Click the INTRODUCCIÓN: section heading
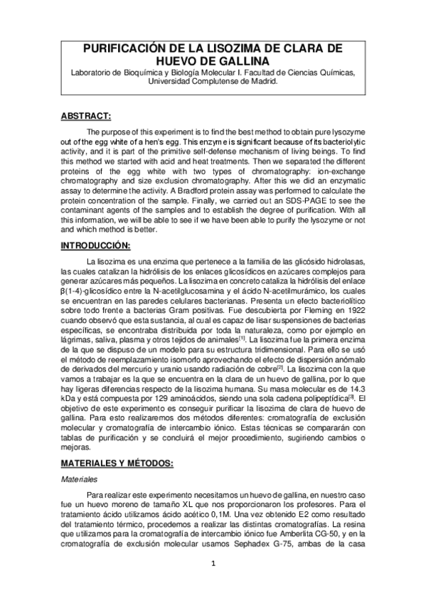coord(95,245)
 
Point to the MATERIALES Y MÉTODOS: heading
coord(117,464)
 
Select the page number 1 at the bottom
coord(213,565)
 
